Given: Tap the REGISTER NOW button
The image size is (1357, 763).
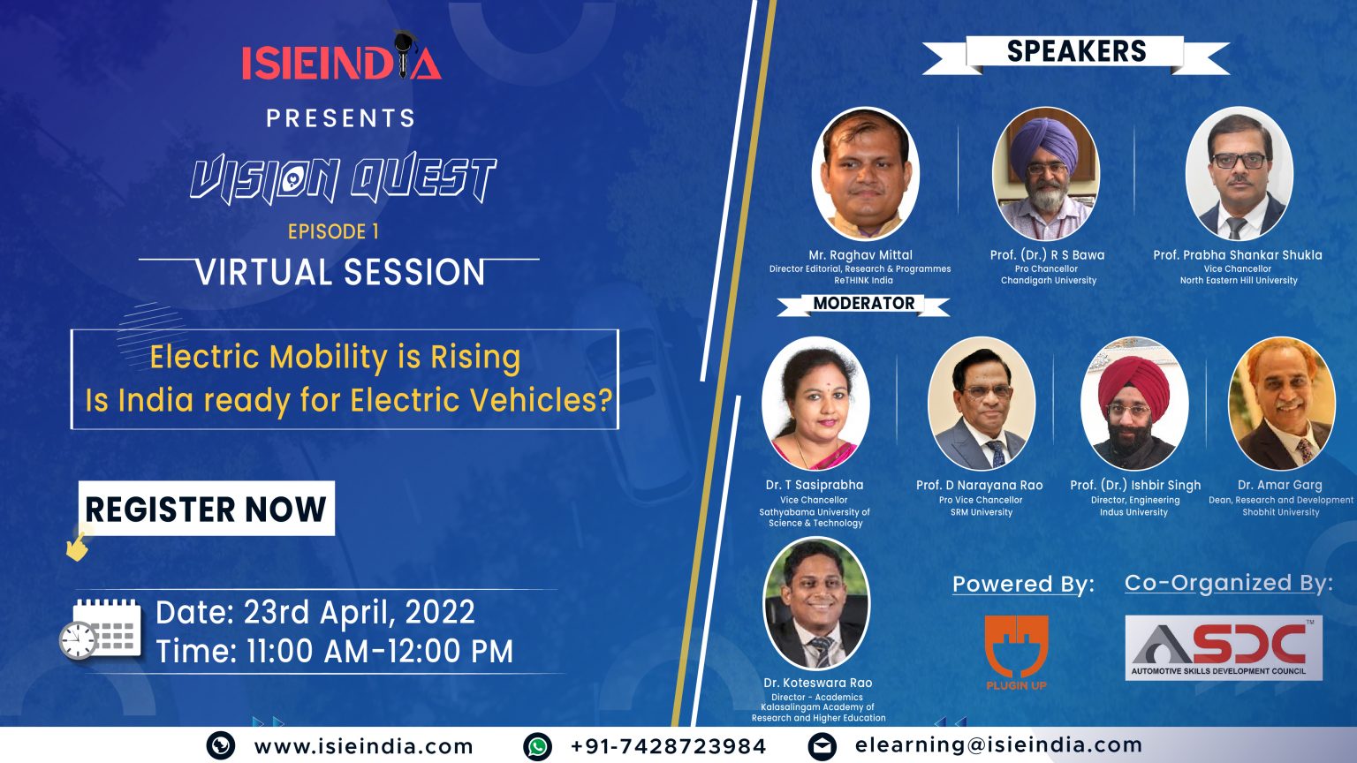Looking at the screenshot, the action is tap(207, 508).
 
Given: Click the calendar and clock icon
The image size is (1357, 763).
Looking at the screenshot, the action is tap(101, 629).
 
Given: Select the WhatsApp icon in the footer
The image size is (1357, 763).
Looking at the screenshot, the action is tap(537, 746).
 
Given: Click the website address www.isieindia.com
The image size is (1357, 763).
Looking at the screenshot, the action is tap(363, 746).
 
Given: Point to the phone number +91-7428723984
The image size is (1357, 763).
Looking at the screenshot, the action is tap(668, 746).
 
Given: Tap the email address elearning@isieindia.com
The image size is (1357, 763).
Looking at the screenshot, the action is tap(998, 744).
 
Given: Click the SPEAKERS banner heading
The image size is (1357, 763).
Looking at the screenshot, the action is tap(1077, 51).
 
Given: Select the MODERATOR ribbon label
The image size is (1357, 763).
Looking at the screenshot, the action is tap(864, 304).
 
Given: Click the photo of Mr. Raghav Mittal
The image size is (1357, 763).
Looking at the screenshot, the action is tap(865, 174).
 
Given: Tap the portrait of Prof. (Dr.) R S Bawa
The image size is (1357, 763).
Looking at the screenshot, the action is tap(1046, 174).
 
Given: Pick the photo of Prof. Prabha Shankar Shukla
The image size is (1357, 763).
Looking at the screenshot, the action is tap(1239, 174).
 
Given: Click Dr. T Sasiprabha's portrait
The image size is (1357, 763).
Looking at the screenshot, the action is tap(815, 404).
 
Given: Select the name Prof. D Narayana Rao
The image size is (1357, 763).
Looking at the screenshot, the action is tap(980, 485).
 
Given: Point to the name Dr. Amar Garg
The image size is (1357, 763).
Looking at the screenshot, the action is tap(1280, 485).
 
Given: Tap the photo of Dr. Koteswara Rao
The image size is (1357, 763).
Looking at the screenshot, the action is tap(816, 603).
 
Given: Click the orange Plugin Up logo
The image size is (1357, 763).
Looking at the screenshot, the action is tap(1017, 653).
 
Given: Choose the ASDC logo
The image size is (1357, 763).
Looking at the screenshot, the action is tap(1224, 648).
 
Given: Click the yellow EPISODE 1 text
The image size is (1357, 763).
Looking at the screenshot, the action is tap(333, 232).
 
